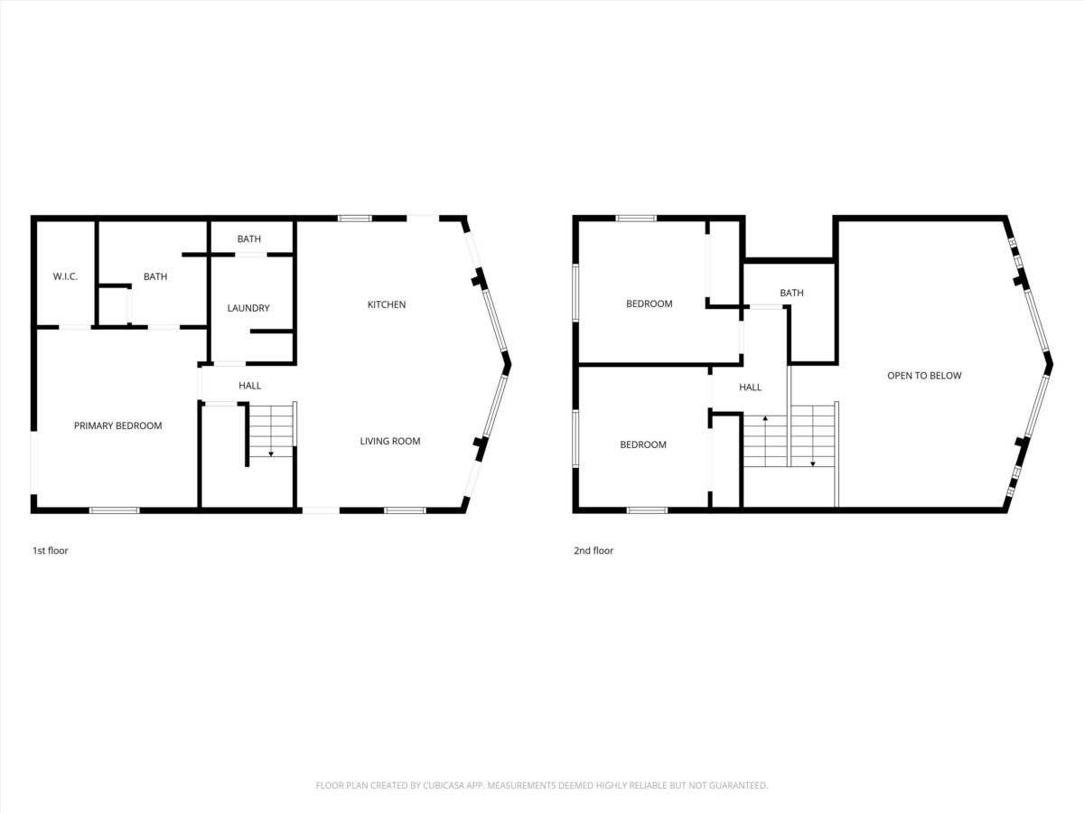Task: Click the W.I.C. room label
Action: pos(65,276)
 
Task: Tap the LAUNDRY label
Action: pos(248,308)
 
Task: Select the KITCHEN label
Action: pos(387,304)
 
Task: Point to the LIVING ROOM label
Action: pos(390,442)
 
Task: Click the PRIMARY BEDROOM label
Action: pos(118,425)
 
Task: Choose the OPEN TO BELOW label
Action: pos(924,376)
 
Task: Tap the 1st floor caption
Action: pos(51,550)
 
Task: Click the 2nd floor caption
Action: pos(593,550)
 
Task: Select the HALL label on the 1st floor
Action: pos(250,386)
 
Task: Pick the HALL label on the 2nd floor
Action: pos(750,388)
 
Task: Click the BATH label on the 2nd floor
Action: pos(791,293)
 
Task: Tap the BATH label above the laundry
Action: pos(249,238)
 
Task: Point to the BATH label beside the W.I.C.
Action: pos(155,276)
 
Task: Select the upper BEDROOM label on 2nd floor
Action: pos(649,304)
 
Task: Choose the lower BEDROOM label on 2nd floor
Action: pos(643,444)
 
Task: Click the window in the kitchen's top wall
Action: pos(355,219)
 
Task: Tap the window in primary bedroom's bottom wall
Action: pos(114,510)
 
